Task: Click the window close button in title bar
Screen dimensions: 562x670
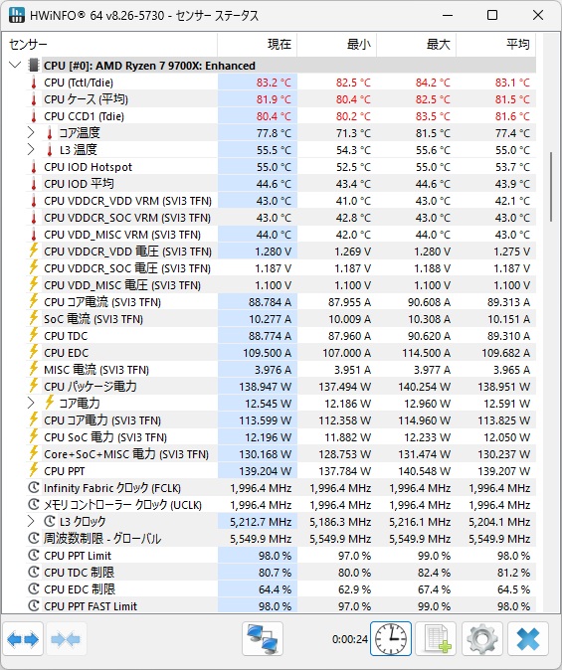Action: point(538,15)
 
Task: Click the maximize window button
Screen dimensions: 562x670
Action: point(492,15)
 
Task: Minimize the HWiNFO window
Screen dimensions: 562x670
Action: point(448,16)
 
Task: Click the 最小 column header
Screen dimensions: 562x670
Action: point(359,44)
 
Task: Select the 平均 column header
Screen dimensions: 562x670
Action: point(518,44)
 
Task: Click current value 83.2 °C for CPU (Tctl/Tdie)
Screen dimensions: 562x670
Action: point(274,83)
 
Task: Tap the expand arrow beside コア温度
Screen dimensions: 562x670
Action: point(31,133)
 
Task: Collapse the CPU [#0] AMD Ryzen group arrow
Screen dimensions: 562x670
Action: point(15,66)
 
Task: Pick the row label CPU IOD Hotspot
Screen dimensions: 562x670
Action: point(89,167)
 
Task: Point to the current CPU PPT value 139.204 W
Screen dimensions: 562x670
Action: point(266,471)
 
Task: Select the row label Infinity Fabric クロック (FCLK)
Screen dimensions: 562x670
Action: point(112,488)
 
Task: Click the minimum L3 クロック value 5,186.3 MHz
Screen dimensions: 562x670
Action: point(340,522)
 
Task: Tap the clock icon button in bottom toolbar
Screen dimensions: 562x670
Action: point(391,639)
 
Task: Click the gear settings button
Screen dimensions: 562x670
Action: point(482,639)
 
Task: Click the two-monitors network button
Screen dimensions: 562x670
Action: point(263,639)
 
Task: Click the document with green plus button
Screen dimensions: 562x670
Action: point(436,639)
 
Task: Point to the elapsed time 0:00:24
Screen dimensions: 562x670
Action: point(350,639)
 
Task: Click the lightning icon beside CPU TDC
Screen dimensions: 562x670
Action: point(34,335)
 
